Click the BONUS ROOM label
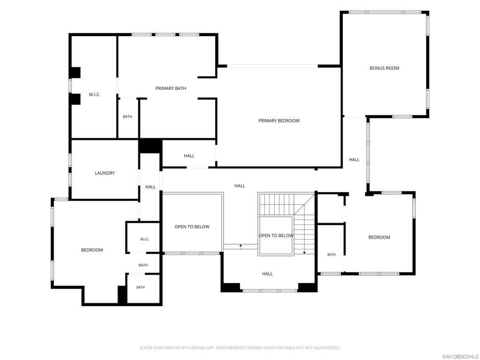click(384, 68)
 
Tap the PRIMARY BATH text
click(171, 88)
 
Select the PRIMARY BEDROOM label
click(278, 120)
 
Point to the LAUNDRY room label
click(105, 173)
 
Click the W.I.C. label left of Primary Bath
click(95, 95)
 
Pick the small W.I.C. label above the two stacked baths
click(145, 239)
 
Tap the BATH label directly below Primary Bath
click(127, 117)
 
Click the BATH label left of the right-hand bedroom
click(331, 255)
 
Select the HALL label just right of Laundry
click(150, 187)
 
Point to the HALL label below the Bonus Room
click(354, 159)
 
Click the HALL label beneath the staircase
click(267, 274)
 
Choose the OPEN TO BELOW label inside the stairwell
click(276, 235)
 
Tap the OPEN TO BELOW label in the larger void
click(192, 226)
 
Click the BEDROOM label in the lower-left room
click(92, 250)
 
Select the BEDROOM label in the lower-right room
click(379, 237)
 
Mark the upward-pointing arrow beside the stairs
click(241, 247)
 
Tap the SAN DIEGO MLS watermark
click(460, 356)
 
